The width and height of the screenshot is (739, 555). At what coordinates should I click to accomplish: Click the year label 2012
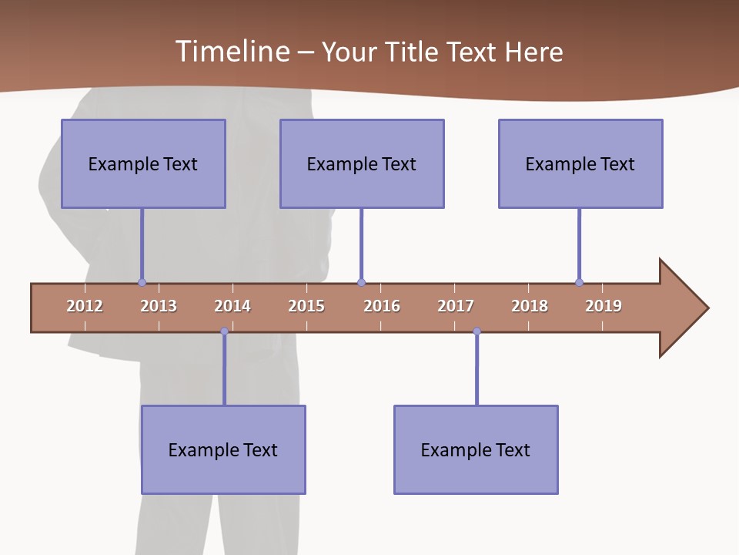click(85, 306)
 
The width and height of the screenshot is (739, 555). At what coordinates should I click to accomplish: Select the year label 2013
click(159, 306)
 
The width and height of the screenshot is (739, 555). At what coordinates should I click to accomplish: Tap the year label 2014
click(232, 306)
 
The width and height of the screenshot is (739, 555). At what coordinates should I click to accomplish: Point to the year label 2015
click(306, 306)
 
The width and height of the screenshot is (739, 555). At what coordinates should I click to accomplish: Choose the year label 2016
click(382, 306)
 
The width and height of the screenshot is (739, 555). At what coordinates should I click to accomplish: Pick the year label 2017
click(456, 306)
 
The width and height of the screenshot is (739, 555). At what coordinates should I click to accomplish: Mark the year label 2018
click(530, 306)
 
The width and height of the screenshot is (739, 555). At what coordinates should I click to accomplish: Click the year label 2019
click(604, 306)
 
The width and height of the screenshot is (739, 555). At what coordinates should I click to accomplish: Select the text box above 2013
click(143, 163)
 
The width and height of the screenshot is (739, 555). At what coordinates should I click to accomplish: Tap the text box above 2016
click(362, 163)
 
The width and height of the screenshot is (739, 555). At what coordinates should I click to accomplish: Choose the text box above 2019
click(580, 163)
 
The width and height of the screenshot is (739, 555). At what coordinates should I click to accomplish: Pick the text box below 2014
click(223, 449)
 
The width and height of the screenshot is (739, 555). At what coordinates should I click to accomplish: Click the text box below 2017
click(476, 449)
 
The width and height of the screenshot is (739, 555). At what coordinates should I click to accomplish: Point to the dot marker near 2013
click(142, 282)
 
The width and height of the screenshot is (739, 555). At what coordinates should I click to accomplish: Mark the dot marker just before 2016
click(361, 282)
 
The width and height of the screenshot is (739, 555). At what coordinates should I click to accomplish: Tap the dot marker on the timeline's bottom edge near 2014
click(224, 331)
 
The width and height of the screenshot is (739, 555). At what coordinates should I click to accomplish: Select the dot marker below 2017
click(477, 331)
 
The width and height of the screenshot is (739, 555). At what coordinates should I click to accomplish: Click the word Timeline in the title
click(231, 52)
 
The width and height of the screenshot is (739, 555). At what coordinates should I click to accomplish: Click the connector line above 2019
click(579, 245)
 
